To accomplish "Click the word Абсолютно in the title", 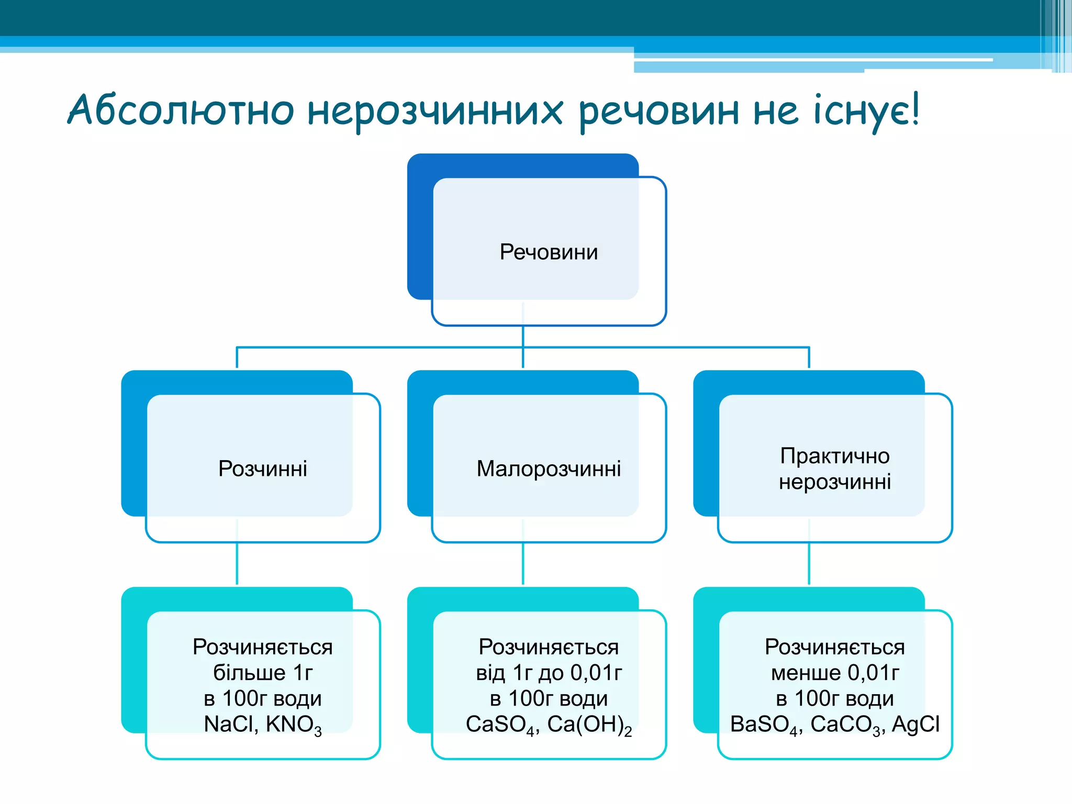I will [x=181, y=110].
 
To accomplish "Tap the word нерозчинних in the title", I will [x=434, y=111].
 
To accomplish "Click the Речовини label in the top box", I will [x=549, y=252].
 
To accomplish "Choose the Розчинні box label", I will [x=262, y=468].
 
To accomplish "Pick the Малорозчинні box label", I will [x=549, y=468].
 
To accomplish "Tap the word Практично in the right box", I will [x=834, y=456].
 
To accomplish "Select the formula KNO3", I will [x=294, y=725].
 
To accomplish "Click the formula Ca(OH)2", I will [x=589, y=725].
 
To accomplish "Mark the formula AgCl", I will [x=915, y=724].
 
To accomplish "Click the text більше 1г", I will [x=262, y=673].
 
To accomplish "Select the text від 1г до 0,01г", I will [x=549, y=673].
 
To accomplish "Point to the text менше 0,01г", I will [x=834, y=673].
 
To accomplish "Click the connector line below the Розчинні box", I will [x=237, y=563].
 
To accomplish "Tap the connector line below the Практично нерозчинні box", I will [x=809, y=563].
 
